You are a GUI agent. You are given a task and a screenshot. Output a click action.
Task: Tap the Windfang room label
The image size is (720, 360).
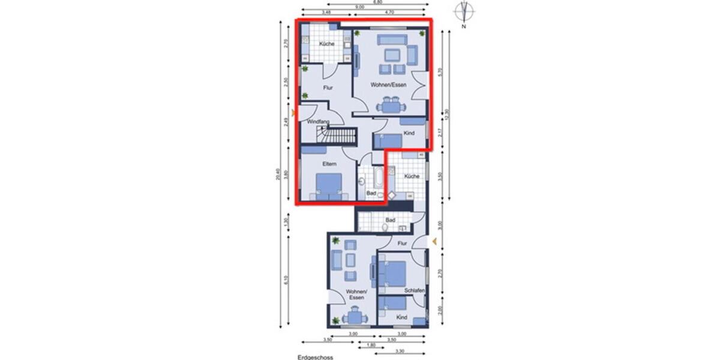tap(318, 122)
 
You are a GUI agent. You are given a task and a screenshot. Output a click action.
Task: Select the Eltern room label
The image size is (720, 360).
tap(329, 163)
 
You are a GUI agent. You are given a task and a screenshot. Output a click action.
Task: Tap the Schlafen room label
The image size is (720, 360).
tap(414, 290)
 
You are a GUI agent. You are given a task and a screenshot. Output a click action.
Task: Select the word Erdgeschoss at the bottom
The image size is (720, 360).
tap(315, 356)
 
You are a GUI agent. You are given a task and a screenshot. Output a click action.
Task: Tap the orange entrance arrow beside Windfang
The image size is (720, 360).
tap(293, 113)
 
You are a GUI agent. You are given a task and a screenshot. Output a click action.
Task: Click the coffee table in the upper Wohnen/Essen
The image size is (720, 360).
tap(391, 55)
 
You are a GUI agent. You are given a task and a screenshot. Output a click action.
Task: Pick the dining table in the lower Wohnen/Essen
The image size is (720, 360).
tap(356, 316)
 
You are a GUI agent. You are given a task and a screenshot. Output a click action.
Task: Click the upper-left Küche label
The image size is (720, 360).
tap(326, 44)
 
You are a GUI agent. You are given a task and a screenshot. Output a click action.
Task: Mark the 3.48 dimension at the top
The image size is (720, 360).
tap(327, 11)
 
